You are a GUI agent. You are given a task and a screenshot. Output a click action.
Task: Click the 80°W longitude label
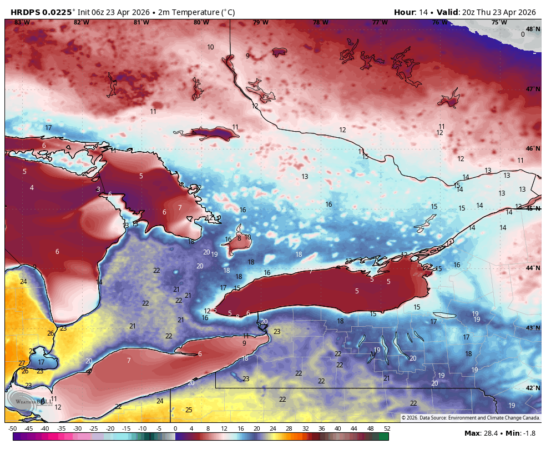pyautogui.click(x=201, y=23)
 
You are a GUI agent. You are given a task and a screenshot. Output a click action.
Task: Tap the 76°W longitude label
pyautogui.click(x=439, y=23)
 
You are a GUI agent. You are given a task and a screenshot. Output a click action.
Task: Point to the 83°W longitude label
pyautogui.click(x=22, y=23)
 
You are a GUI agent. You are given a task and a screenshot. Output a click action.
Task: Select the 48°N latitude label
pyautogui.click(x=533, y=29)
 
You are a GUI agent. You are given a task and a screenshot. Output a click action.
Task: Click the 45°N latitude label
pyautogui.click(x=533, y=208)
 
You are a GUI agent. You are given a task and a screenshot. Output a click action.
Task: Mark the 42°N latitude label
pyautogui.click(x=533, y=388)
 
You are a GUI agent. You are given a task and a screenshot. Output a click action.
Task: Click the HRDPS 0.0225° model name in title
pyautogui.click(x=42, y=12)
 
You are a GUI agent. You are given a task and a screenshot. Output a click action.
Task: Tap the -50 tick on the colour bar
pyautogui.click(x=12, y=428)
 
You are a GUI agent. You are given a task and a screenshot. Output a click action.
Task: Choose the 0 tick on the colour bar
pyautogui.click(x=175, y=428)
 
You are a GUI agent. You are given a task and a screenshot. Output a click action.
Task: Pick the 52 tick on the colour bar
pyautogui.click(x=387, y=428)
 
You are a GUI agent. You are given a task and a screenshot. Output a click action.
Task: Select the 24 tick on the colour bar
pyautogui.click(x=273, y=428)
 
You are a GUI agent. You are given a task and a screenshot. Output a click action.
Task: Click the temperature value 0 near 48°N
pyautogui.click(x=523, y=34)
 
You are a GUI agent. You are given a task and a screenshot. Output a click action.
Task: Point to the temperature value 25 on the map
pyautogui.click(x=189, y=410)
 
